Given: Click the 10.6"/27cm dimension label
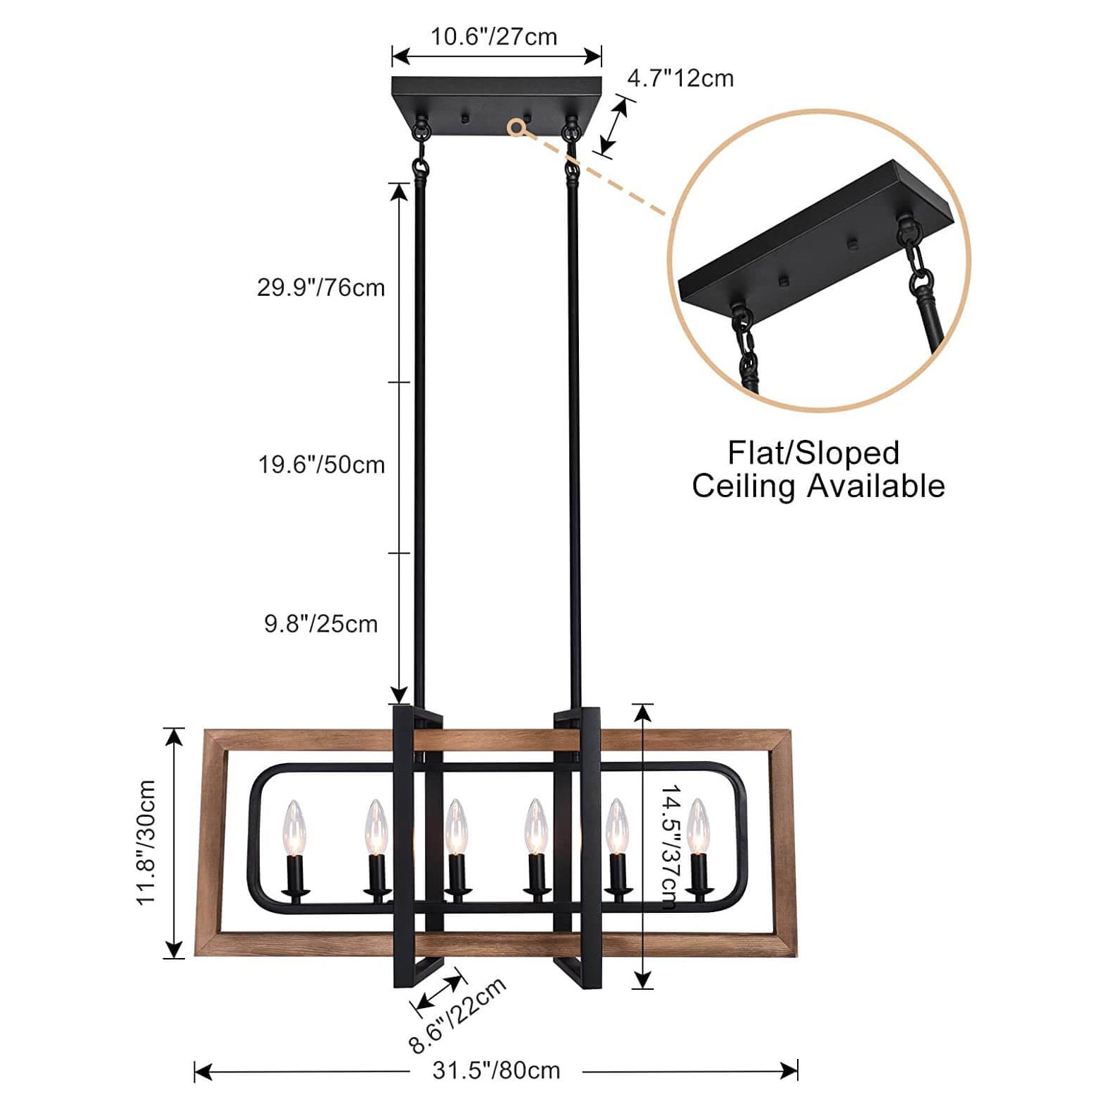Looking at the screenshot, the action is [x=494, y=37].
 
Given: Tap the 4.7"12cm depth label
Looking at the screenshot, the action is [x=681, y=78].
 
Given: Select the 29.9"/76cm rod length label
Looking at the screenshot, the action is [x=321, y=288].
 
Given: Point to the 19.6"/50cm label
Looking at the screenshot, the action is [x=321, y=465].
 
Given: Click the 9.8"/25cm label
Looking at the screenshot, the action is [x=321, y=624].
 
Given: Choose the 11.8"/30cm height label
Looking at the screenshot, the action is [x=146, y=842].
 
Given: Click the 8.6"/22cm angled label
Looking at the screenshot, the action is [x=458, y=1015].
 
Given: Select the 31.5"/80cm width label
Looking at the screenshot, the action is [x=496, y=1070].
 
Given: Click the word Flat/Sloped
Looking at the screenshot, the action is [x=814, y=453].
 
